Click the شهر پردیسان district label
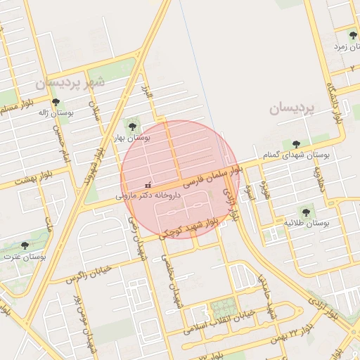pos(70,82)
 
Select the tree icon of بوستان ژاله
pos(56,103)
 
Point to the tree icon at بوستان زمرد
pos(353,34)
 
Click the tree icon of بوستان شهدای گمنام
pos(296,143)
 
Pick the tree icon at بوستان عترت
pos(25,246)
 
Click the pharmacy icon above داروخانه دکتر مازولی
pos(147,186)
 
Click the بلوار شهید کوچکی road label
pos(188,226)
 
